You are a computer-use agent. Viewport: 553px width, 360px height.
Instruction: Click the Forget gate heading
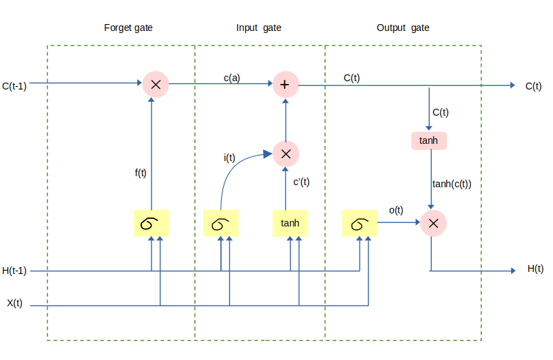(x=128, y=28)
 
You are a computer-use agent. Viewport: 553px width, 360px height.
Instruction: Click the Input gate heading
(x=258, y=28)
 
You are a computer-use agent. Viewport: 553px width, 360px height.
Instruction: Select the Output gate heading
(x=403, y=28)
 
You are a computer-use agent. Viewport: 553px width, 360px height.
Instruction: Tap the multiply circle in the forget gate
(x=156, y=85)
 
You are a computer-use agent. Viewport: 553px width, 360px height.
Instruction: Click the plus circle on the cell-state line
(x=285, y=85)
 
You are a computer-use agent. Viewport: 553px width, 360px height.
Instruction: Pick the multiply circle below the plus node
(x=286, y=153)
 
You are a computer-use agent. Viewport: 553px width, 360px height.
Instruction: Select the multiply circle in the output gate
(x=433, y=222)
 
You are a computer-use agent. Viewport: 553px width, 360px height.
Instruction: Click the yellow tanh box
(x=290, y=224)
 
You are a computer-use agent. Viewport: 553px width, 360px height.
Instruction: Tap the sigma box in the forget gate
(x=151, y=224)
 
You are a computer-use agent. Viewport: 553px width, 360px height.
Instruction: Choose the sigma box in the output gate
(x=359, y=224)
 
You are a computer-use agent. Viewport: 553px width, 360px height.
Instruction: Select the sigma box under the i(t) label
(x=220, y=224)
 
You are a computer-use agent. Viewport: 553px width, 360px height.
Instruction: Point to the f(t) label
(x=140, y=173)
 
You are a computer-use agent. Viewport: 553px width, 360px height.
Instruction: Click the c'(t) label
(x=301, y=182)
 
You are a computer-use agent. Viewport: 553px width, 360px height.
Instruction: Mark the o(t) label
(x=396, y=210)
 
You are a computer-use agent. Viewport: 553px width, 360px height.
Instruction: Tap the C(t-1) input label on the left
(x=14, y=86)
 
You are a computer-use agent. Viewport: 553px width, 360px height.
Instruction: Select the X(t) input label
(x=14, y=304)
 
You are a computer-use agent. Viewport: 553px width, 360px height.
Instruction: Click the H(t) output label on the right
(x=535, y=268)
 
